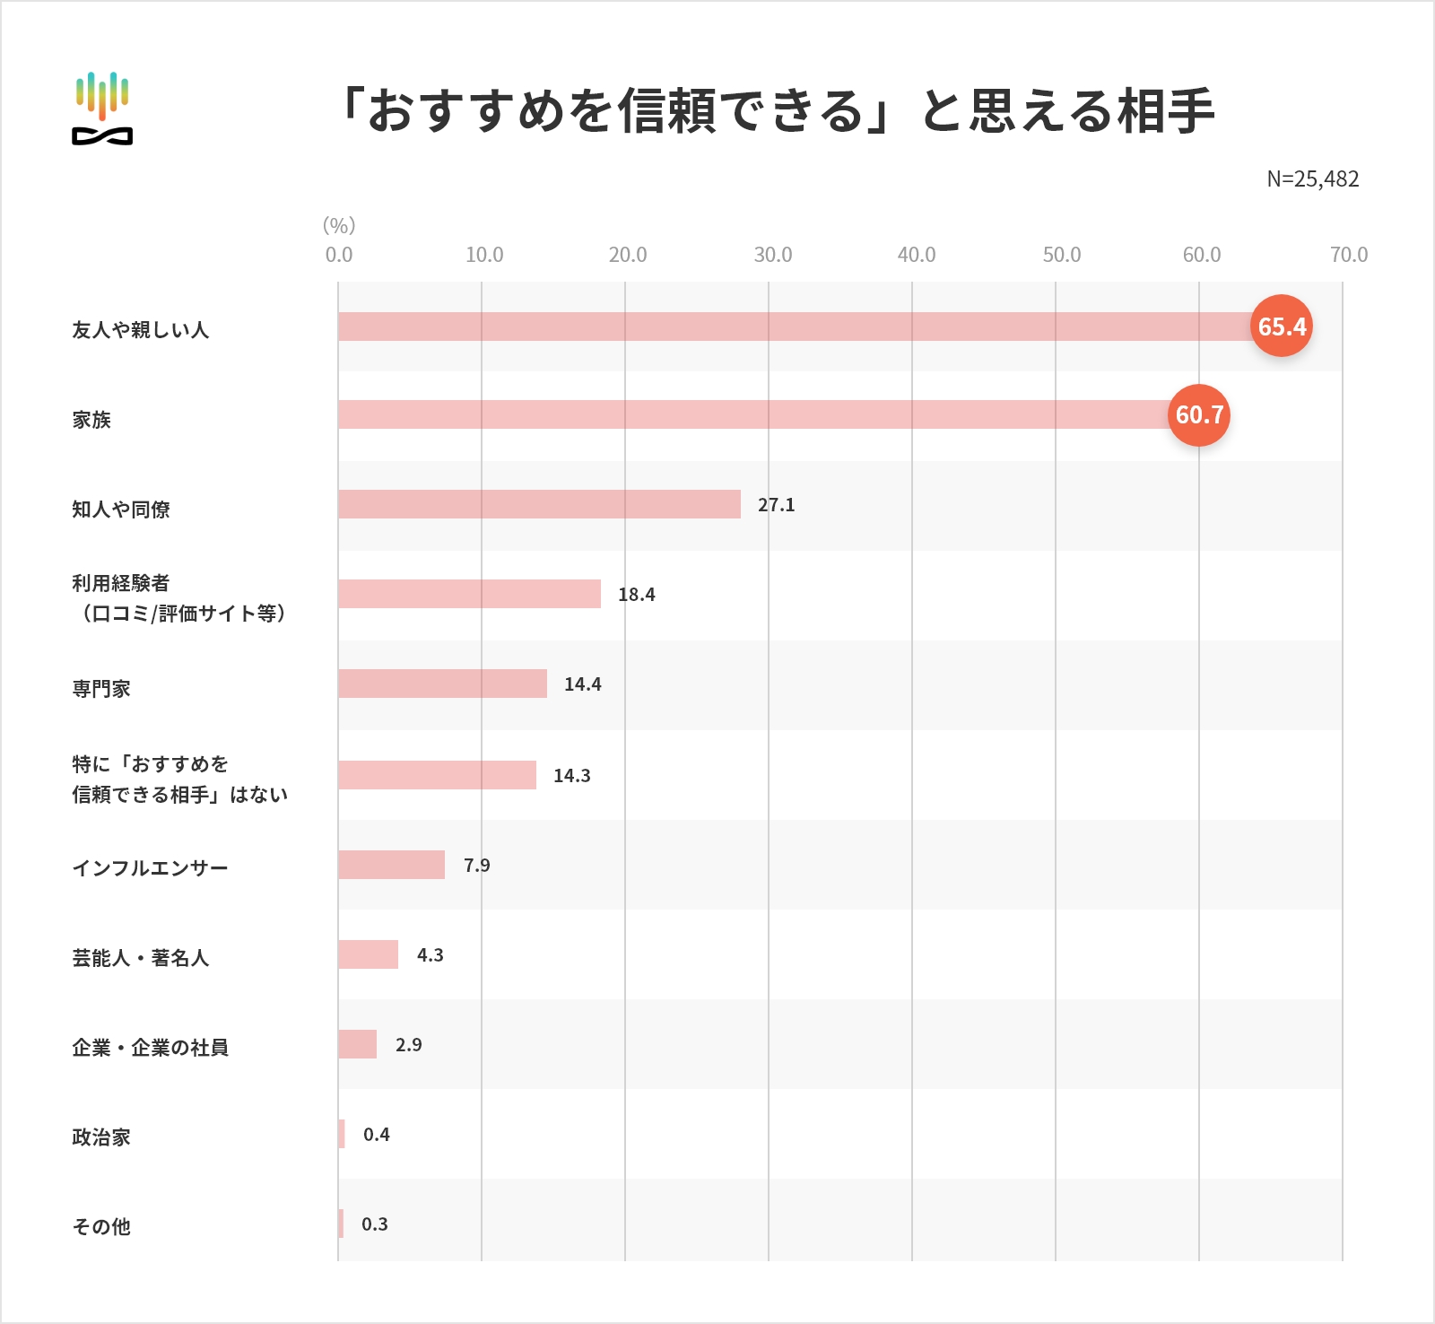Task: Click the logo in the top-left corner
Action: (102, 108)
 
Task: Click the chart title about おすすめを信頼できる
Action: (777, 110)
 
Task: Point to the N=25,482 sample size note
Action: (1312, 179)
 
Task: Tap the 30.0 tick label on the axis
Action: (772, 255)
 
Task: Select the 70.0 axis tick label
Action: (1348, 255)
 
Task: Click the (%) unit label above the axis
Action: (339, 225)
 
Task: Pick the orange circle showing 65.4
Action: (1281, 326)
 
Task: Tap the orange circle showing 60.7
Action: (1198, 414)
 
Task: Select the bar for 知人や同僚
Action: (539, 504)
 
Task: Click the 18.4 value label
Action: (636, 595)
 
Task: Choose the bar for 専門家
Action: (442, 684)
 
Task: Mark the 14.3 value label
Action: (571, 776)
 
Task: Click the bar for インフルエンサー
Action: (391, 865)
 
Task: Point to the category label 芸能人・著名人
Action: (140, 958)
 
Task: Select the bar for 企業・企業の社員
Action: (357, 1044)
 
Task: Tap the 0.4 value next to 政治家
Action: (376, 1135)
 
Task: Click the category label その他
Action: (101, 1226)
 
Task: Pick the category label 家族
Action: (91, 420)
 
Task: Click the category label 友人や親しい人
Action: (140, 330)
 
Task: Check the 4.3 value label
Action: (430, 955)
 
